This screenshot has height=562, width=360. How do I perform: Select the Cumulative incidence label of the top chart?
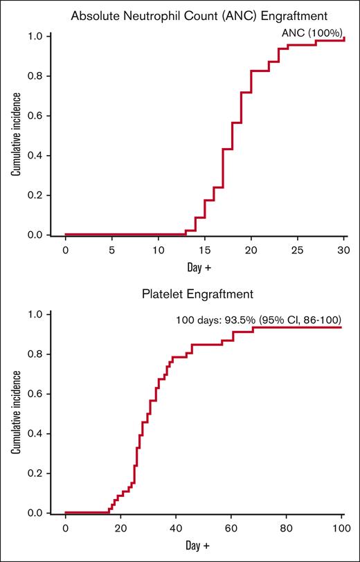[15, 136]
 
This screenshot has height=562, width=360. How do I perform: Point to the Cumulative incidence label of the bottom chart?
[15, 414]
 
